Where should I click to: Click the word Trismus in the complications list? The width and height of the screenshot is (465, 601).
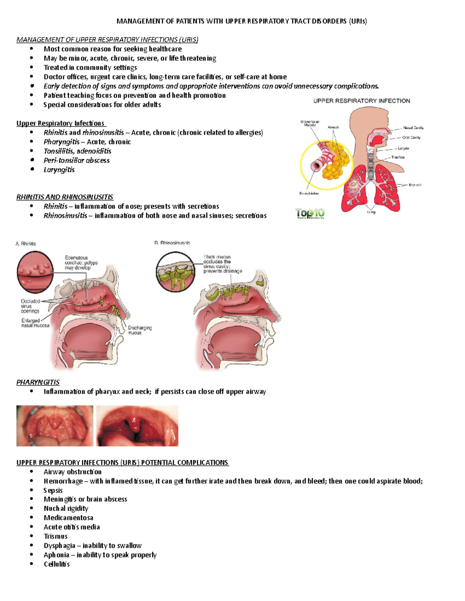55,536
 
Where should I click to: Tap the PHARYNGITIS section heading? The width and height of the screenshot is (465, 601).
38,382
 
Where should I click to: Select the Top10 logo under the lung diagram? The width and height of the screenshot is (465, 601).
310,214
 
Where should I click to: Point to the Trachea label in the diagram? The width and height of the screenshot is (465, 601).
398,157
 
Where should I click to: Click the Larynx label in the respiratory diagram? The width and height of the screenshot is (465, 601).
403,148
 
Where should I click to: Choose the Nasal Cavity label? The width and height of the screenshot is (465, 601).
413,128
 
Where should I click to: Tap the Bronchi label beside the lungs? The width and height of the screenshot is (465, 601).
415,185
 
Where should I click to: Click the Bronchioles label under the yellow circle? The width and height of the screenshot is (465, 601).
309,193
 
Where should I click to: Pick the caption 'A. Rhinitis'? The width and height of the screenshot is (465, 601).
26,244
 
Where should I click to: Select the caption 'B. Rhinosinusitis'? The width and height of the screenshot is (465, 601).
172,243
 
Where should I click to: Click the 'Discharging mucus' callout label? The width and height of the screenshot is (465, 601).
139,330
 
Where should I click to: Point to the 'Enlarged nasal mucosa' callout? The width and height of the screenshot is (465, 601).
35,323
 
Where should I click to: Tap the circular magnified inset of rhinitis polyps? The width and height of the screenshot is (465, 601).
35,272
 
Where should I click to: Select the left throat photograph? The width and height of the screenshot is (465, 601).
55,426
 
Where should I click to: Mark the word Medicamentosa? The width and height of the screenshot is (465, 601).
68,518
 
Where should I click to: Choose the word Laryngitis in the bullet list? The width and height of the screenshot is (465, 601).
59,170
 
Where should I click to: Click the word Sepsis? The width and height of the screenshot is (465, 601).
53,490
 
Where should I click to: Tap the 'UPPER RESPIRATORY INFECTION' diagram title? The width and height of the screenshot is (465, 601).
362,101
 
